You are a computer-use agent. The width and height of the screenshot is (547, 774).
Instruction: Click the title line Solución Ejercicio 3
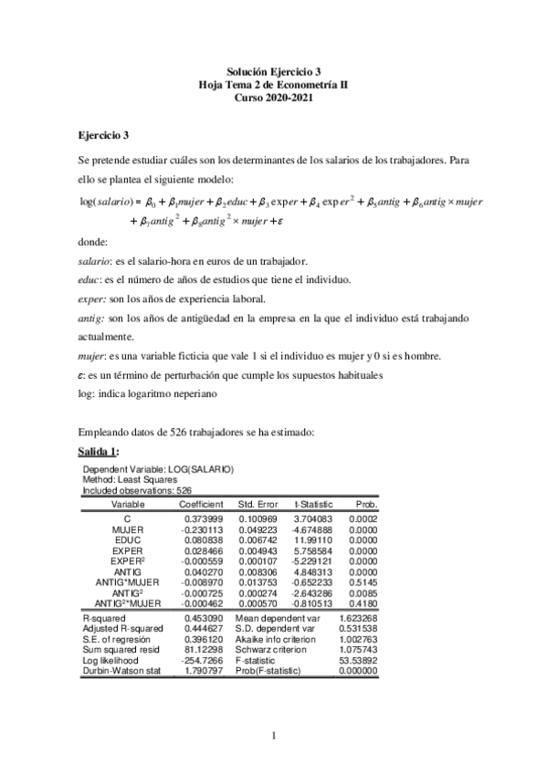point(273,70)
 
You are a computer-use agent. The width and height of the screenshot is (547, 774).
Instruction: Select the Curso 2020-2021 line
point(273,97)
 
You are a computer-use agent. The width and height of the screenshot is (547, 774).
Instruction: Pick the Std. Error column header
point(259,503)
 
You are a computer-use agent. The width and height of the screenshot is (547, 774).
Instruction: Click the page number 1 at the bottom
point(273,735)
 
